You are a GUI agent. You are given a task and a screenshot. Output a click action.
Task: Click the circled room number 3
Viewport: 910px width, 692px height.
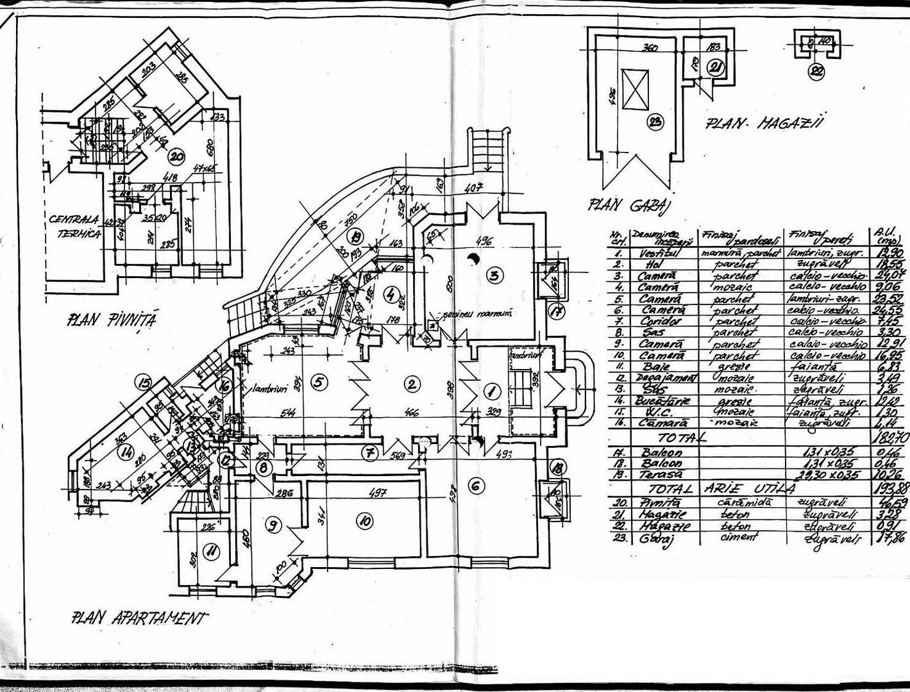click(494, 276)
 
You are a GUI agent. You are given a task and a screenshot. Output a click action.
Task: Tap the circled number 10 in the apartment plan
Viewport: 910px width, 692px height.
click(364, 521)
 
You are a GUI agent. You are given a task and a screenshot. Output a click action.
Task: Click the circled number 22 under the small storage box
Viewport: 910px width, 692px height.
click(816, 72)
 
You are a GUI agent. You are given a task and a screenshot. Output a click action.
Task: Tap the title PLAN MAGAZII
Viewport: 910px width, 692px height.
click(764, 124)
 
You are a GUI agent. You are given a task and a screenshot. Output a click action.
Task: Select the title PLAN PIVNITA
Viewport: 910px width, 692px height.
click(112, 320)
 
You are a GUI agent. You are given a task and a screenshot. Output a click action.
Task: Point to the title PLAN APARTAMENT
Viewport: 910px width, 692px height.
click(140, 618)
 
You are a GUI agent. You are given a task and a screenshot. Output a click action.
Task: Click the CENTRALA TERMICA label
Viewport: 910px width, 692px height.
click(76, 227)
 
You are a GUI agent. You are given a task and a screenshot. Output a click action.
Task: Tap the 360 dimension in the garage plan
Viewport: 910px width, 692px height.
click(651, 48)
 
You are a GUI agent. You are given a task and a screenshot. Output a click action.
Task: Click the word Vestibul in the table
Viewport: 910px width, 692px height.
click(655, 254)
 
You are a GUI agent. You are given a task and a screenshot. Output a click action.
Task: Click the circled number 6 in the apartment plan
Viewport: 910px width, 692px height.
click(475, 486)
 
